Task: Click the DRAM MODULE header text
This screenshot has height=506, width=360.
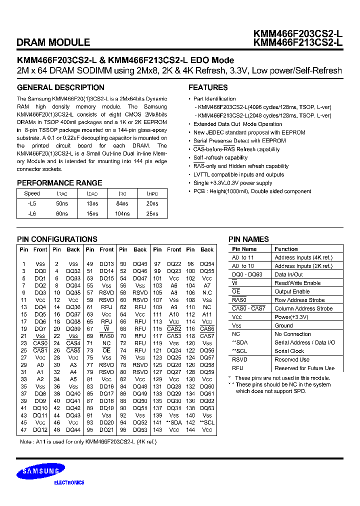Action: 53,43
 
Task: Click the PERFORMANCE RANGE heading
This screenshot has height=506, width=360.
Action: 59,183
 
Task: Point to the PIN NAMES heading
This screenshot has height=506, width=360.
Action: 248,239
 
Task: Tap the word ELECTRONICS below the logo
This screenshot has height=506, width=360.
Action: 69,482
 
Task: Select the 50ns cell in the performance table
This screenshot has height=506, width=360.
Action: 62,203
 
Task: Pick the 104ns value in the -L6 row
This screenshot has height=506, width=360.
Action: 122,213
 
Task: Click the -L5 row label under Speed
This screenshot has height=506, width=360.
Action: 32,203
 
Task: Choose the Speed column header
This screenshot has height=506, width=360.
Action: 32,193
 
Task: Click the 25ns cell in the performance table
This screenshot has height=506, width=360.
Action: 152,213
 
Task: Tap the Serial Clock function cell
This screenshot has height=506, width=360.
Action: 289,351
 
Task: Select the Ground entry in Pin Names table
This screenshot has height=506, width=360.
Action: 283,325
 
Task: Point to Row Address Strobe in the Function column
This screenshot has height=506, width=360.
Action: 299,300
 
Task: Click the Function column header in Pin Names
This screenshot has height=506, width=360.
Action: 286,249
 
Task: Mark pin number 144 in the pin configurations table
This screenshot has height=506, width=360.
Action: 190,430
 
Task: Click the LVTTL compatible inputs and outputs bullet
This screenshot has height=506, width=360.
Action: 238,174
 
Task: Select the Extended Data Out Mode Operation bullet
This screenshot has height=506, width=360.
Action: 237,124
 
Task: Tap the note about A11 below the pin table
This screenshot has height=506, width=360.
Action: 88,442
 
